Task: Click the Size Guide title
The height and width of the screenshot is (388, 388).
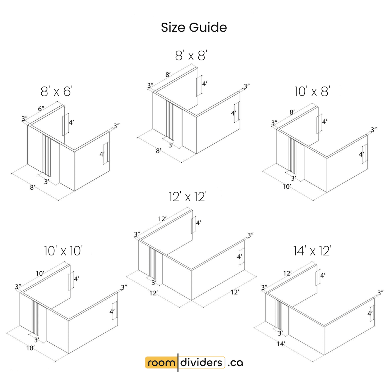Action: [194, 27]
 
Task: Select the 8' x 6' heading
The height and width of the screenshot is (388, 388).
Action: [57, 91]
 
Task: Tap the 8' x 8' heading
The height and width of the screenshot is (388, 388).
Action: [191, 55]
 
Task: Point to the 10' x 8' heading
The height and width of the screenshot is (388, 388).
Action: [312, 91]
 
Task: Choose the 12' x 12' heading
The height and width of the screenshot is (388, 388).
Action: [188, 197]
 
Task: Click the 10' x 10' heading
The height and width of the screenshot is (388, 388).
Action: [63, 251]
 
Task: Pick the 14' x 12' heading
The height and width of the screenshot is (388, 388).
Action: [312, 251]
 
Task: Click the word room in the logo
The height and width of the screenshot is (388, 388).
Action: [161, 363]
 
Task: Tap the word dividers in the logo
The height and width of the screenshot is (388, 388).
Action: [201, 362]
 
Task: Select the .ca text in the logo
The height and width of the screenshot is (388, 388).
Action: [235, 363]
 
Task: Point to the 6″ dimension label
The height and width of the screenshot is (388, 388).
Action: [41, 108]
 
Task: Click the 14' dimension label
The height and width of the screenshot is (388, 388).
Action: [281, 344]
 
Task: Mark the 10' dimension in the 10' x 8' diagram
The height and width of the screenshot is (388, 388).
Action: [287, 186]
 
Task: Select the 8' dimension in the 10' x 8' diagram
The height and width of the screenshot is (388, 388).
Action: [292, 112]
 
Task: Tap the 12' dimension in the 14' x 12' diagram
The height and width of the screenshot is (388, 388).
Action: [287, 273]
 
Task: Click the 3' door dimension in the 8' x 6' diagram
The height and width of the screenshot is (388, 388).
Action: [46, 182]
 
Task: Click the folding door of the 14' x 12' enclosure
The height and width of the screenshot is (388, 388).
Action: [279, 315]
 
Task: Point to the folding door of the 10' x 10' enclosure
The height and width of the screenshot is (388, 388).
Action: [36, 317]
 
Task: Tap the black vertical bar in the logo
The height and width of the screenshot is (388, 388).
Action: [178, 362]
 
